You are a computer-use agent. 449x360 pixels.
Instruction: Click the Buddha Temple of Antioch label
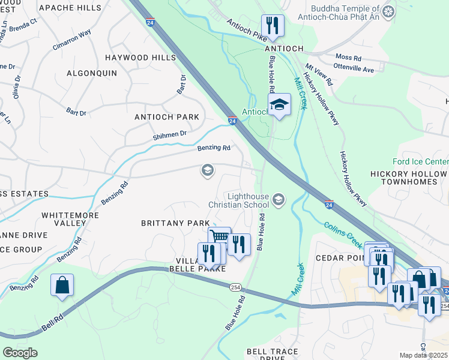tap(346, 15)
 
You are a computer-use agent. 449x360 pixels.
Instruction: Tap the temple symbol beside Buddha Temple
tap(389, 11)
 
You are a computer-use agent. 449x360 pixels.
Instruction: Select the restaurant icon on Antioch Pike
tap(273, 25)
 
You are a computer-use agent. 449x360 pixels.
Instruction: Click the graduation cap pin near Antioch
tap(279, 105)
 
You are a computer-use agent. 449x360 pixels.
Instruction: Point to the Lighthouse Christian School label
tap(247, 200)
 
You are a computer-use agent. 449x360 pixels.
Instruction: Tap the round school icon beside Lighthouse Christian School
tap(279, 199)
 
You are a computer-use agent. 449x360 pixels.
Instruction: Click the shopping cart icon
tap(220, 237)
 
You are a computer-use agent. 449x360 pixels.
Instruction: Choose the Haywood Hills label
tap(140, 58)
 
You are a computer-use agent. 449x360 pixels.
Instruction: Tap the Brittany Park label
tap(175, 223)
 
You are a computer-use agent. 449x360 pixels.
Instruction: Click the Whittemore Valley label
tap(64, 218)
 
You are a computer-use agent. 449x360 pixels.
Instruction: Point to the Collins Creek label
tap(343, 235)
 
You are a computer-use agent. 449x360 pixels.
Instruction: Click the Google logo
tap(20, 352)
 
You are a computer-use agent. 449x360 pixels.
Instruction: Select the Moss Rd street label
tap(349, 58)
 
